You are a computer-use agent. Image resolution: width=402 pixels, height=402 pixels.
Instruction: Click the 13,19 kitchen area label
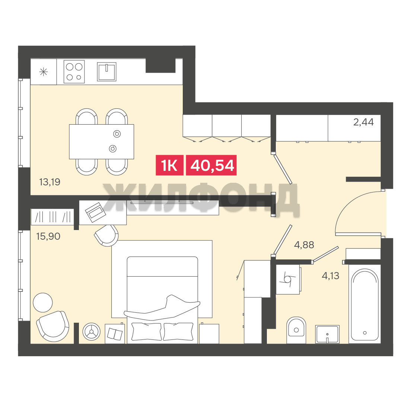(50, 182)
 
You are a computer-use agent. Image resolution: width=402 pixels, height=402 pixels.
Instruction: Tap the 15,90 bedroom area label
(48, 236)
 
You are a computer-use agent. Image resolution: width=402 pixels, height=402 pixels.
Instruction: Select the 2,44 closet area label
(363, 122)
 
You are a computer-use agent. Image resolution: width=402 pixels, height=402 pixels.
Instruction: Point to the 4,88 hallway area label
(304, 245)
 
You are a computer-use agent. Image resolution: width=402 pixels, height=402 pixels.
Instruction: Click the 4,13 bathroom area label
(331, 276)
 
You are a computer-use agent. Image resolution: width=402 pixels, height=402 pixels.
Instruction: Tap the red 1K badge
(169, 165)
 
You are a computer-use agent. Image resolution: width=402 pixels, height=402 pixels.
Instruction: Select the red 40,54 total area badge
(211, 165)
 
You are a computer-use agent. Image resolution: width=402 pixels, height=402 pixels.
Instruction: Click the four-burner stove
(74, 72)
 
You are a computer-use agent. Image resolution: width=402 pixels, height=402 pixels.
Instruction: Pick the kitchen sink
(107, 72)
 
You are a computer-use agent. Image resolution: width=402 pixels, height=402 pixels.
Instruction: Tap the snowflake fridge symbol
(44, 72)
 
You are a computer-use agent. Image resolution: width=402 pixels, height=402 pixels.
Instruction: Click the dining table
(102, 141)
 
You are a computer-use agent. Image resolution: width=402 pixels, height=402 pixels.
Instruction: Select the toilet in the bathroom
(296, 330)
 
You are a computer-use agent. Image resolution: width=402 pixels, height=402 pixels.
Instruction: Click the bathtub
(364, 304)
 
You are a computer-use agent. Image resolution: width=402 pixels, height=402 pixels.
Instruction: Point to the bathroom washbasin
(328, 334)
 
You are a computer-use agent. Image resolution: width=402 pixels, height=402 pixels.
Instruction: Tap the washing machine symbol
(288, 280)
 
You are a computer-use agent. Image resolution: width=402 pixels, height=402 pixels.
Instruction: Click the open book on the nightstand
(115, 334)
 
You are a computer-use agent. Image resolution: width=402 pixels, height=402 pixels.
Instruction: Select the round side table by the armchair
(43, 303)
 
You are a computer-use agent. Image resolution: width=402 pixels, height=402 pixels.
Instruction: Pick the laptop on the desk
(95, 212)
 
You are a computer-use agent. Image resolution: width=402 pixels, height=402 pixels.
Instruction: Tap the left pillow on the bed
(146, 331)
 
